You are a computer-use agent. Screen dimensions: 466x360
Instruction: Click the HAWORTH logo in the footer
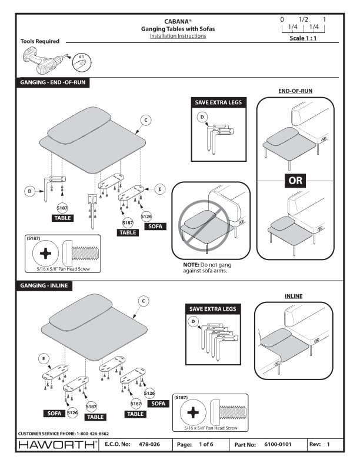pos(49,445)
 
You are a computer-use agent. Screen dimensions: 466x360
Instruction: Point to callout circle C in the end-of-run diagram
pos(146,119)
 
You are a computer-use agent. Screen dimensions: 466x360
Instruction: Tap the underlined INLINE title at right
pos(293,296)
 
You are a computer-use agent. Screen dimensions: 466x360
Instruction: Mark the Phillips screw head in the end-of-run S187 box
pos(45,256)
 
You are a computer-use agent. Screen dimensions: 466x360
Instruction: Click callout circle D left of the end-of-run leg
pos(28,191)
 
